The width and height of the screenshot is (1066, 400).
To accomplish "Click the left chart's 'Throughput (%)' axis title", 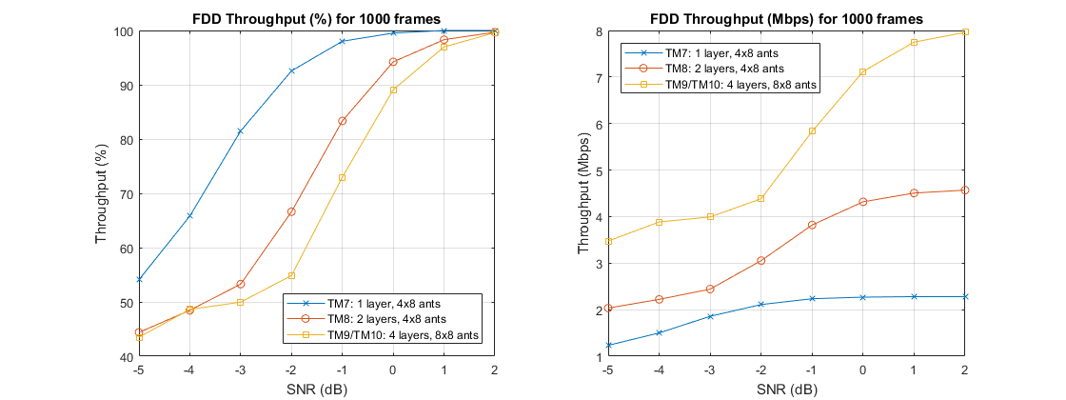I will (x=102, y=194).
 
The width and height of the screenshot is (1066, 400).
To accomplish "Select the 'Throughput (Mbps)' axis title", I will (x=583, y=194).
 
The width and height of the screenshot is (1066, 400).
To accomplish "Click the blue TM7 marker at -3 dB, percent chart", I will (x=240, y=130).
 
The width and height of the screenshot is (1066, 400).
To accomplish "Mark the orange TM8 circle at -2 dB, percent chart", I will (x=291, y=211).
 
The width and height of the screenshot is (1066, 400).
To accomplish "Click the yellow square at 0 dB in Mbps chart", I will (x=863, y=72).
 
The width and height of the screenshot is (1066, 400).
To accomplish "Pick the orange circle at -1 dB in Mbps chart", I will (x=812, y=225).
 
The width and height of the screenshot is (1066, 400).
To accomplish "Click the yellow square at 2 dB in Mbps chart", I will (x=966, y=32).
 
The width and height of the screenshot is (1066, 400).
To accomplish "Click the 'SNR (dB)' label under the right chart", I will (x=787, y=389).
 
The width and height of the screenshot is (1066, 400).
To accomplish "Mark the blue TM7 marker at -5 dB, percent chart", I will (x=139, y=280).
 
